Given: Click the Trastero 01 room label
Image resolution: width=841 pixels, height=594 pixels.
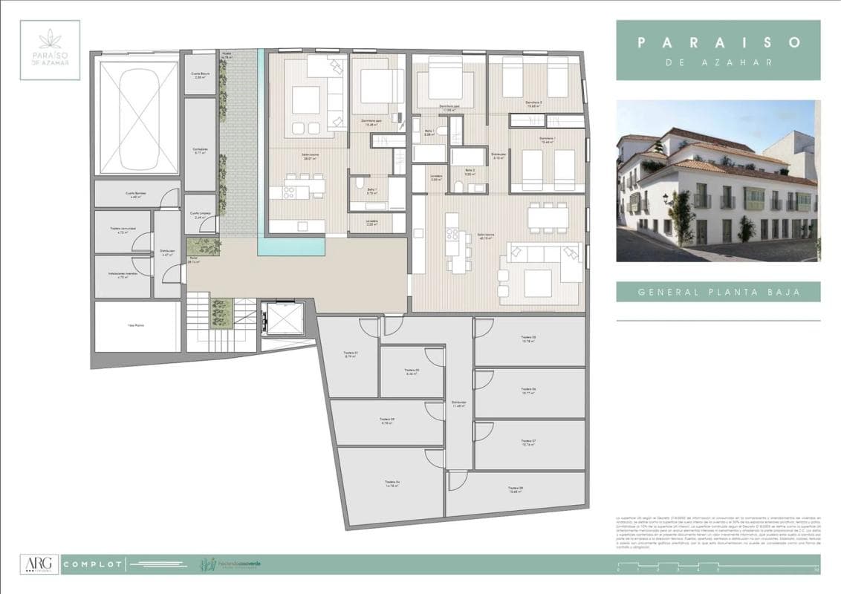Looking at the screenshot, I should (351, 354).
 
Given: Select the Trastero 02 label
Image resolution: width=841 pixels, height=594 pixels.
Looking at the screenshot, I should (412, 372).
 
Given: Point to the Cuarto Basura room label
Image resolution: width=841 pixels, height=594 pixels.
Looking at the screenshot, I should (200, 76).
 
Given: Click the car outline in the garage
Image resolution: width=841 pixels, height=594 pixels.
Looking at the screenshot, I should (139, 117).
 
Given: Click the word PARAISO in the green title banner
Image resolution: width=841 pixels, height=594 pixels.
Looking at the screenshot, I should (718, 42).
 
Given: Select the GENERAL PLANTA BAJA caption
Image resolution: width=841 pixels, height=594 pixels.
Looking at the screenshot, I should (718, 292).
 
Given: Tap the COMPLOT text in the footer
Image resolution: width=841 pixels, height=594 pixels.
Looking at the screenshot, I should (93, 565).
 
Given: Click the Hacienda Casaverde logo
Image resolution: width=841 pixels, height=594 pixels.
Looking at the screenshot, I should (230, 565).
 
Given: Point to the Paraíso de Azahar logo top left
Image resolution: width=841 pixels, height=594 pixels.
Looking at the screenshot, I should (50, 50).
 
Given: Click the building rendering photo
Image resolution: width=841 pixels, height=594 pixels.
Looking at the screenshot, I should (718, 180).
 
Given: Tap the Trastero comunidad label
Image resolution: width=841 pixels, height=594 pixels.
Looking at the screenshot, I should (121, 229).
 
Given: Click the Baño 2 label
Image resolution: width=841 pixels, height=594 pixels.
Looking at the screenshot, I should (470, 172).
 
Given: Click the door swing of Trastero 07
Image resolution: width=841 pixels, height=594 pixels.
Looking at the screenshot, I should (483, 430).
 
